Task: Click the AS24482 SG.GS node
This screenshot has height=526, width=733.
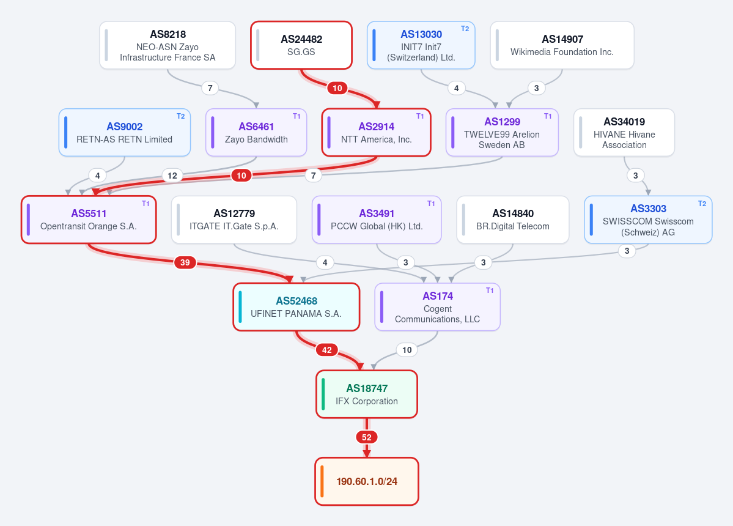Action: click(301, 45)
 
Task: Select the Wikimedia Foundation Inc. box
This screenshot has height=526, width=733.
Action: click(562, 45)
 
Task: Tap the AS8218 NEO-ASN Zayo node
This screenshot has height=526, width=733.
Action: click(168, 45)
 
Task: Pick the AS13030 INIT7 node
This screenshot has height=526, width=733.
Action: click(421, 45)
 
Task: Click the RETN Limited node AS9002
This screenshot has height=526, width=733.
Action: click(124, 132)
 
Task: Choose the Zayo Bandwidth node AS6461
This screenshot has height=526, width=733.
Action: click(256, 132)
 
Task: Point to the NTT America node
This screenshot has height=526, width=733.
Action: click(377, 132)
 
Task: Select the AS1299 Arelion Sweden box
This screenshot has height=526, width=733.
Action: click(502, 132)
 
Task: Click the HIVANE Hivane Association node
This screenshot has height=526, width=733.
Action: click(624, 132)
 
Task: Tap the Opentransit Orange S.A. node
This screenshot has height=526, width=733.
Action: click(89, 220)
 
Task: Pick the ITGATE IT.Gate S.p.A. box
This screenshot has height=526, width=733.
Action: click(234, 220)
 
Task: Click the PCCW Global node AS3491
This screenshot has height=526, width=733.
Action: click(377, 220)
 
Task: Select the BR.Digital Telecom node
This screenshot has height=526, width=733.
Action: click(513, 220)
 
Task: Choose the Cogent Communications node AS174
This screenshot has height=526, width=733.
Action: click(438, 306)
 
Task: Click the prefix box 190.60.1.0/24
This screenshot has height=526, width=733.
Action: click(367, 481)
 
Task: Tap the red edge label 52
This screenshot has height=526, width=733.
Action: click(367, 437)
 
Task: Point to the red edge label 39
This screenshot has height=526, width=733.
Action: click(185, 262)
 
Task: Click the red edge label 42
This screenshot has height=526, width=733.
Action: click(327, 350)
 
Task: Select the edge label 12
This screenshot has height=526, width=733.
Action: click(172, 176)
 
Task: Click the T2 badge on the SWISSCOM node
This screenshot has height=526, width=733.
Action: click(702, 204)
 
